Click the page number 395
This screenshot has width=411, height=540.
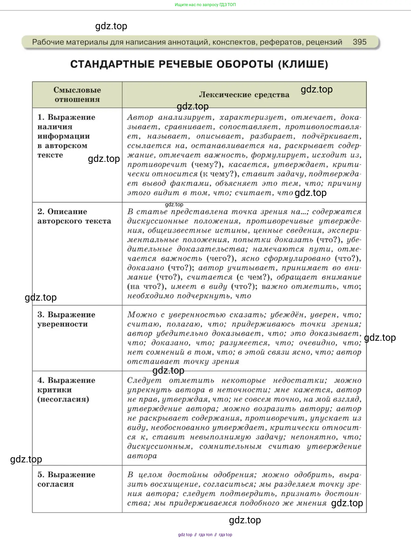359,42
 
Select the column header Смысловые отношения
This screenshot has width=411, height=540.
77,95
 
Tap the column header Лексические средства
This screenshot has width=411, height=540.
244,95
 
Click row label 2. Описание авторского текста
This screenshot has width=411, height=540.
74,216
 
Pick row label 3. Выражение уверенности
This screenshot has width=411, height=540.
66,319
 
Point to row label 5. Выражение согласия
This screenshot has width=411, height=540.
66,479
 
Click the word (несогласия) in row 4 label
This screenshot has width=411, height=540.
63,399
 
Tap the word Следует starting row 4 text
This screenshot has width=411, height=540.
144,380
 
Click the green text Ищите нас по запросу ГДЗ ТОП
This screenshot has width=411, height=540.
205,5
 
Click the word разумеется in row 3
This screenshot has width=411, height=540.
244,343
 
